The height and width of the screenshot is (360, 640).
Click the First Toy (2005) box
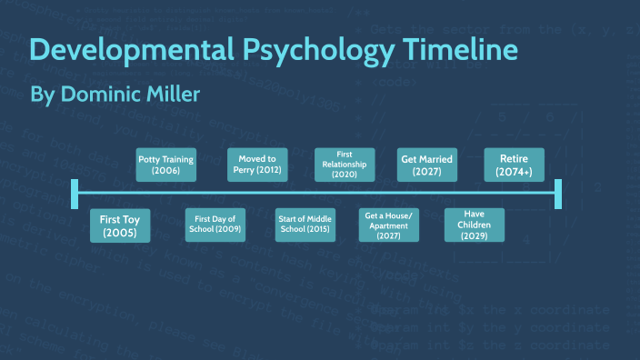pos(120,226)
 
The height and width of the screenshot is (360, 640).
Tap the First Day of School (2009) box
pos(215,225)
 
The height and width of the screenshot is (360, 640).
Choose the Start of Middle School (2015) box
pos(305,225)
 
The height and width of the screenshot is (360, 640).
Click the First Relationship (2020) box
pos(344,165)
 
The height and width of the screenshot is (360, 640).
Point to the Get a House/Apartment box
pos(388,225)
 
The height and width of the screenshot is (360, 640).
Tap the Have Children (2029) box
pos(474,225)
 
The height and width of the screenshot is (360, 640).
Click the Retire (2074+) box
pos(514,165)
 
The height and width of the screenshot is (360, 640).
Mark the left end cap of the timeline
pos(75,193)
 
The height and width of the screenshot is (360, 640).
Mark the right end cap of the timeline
pos(558,193)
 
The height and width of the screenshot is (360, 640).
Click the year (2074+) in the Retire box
pos(514,171)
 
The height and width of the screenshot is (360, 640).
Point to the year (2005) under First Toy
pos(120,234)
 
